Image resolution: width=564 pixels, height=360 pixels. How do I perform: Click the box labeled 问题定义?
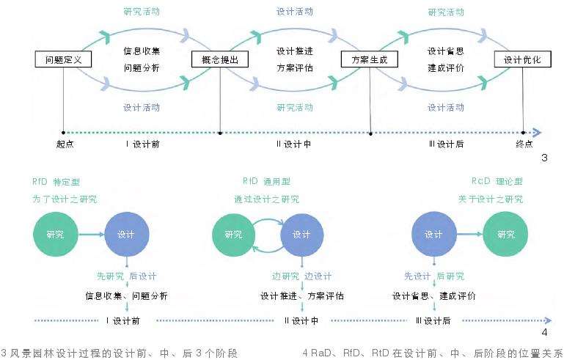[64, 59]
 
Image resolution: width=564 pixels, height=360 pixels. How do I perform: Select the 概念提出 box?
[219, 59]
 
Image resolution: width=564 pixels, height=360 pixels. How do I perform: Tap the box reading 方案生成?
[369, 59]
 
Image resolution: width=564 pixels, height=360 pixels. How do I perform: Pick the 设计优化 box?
[522, 59]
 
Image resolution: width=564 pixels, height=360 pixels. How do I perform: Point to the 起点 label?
[65, 144]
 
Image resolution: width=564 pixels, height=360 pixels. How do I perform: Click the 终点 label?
[524, 144]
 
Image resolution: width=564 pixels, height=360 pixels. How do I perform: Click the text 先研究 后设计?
[127, 276]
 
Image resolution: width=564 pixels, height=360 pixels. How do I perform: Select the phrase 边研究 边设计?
[301, 276]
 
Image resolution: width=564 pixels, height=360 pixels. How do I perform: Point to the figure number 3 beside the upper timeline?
[543, 158]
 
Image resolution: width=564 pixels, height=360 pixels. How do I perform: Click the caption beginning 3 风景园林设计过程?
[121, 352]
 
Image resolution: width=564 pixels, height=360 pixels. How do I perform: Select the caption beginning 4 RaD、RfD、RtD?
[432, 352]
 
